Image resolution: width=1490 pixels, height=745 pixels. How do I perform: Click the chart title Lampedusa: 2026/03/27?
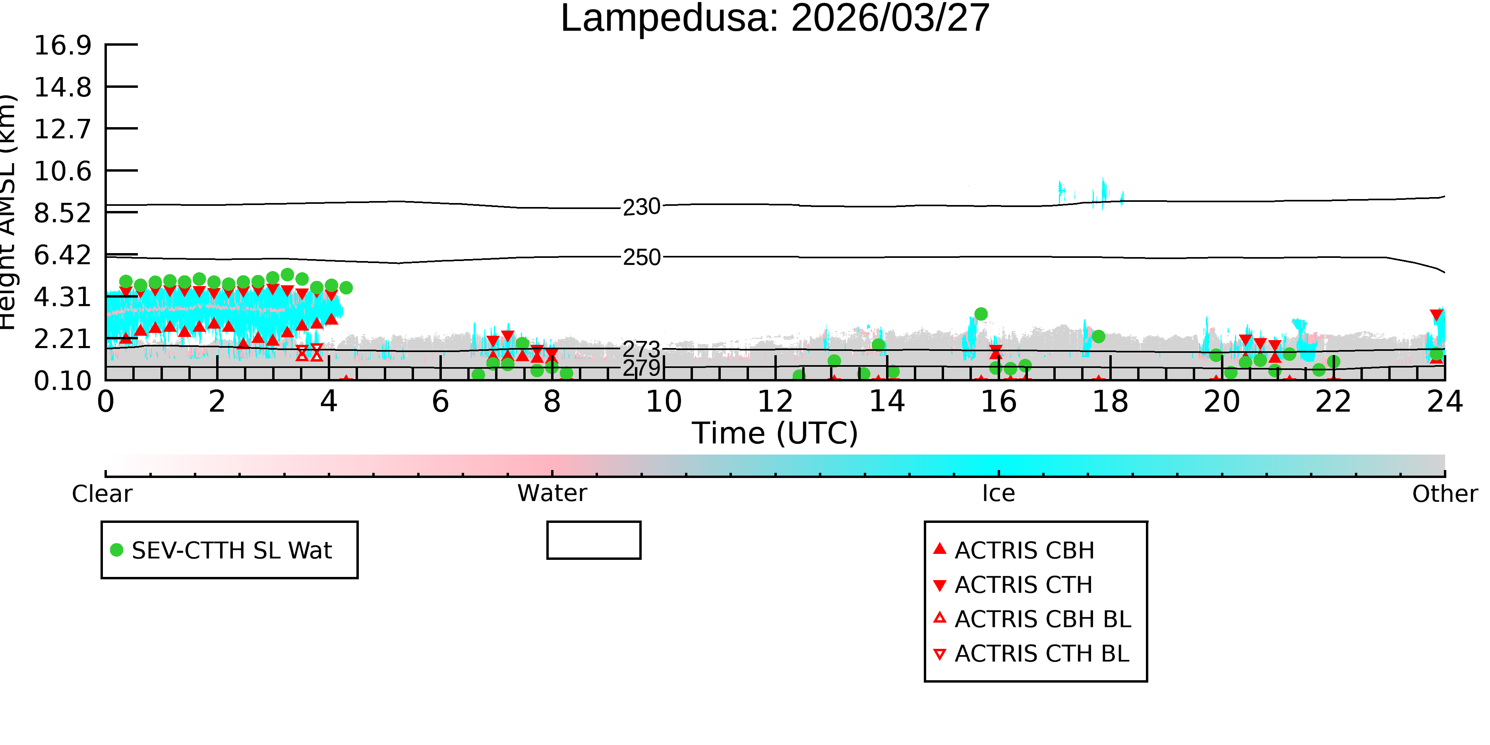(x=775, y=19)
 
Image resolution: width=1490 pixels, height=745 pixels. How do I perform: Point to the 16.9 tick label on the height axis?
(x=62, y=45)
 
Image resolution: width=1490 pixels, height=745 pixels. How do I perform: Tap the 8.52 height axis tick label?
(x=62, y=213)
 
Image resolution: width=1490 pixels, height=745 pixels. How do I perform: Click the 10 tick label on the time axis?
(x=664, y=401)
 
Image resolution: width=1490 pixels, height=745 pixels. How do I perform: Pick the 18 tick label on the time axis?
(x=1110, y=401)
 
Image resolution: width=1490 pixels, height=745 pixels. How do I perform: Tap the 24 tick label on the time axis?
(x=1445, y=401)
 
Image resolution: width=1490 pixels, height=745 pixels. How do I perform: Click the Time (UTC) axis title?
(x=775, y=433)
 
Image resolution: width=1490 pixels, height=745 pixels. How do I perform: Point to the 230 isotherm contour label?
(x=641, y=207)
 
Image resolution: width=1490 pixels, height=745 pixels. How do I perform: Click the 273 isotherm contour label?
(x=641, y=349)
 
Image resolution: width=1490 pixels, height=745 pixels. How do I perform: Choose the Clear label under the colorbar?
(x=102, y=494)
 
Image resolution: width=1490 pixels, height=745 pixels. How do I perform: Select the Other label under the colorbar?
(x=1445, y=494)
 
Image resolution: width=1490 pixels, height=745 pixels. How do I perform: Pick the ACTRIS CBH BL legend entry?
(x=1033, y=619)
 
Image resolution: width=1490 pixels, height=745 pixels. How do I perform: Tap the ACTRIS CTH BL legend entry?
(x=1031, y=654)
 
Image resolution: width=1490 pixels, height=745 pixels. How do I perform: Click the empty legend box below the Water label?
(x=594, y=540)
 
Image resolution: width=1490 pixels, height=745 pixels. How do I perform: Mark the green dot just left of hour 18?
(x=1098, y=337)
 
